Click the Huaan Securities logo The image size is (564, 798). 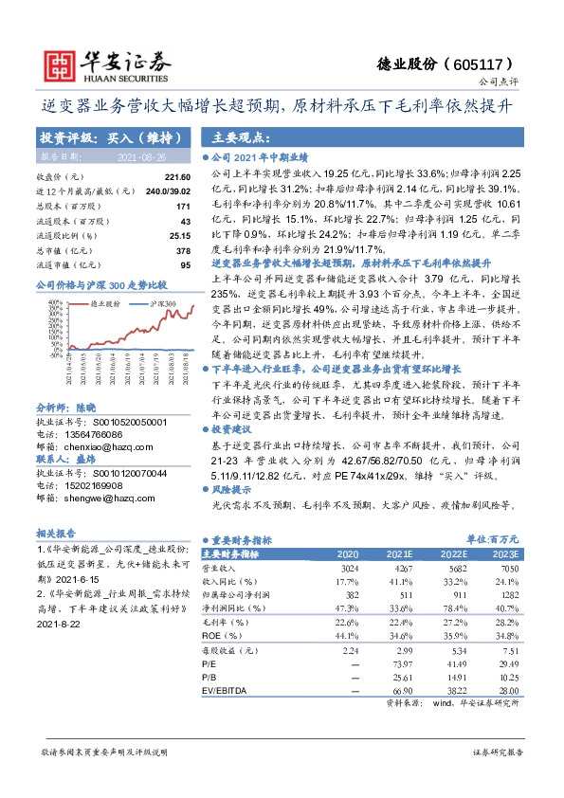[x=95, y=64]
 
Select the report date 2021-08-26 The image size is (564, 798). [x=141, y=156]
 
